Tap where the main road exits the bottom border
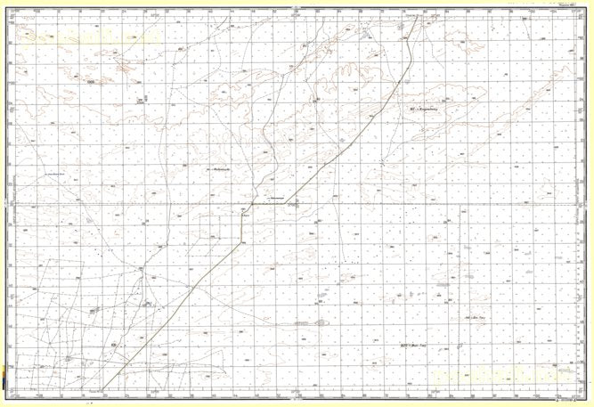tap(103, 389)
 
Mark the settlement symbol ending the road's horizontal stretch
tap(292, 204)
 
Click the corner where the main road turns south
tap(241, 205)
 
